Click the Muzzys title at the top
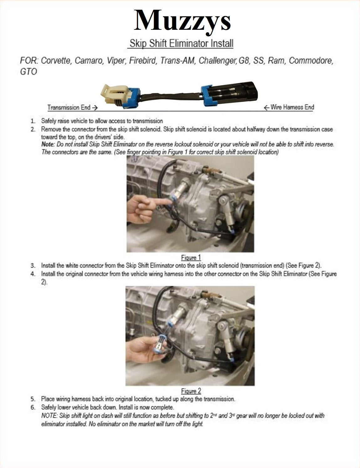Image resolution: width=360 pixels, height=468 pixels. [x=182, y=20]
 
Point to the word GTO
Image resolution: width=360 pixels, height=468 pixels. [x=28, y=72]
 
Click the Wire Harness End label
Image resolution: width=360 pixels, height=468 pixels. [x=289, y=108]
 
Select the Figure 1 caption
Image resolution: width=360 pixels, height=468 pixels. [x=191, y=258]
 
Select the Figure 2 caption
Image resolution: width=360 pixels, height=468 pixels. [x=191, y=391]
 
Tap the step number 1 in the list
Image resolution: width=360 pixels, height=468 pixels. [x=32, y=121]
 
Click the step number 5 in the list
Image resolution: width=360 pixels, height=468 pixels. [x=33, y=399]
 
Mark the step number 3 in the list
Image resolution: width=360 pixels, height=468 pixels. [x=33, y=266]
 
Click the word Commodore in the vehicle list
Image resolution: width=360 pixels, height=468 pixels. [x=310, y=60]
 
